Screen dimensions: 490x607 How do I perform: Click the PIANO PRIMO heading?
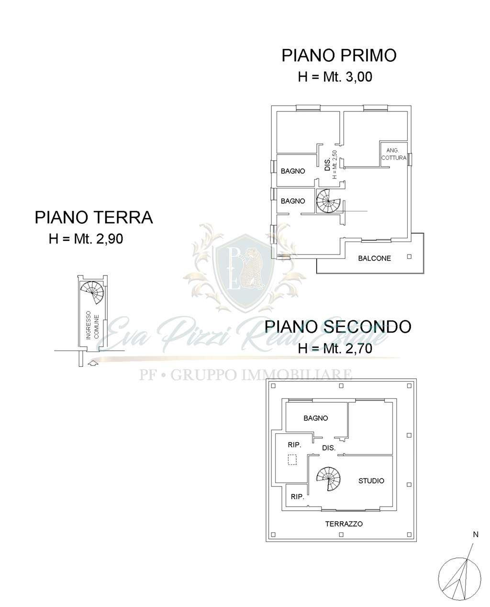tap(339, 55)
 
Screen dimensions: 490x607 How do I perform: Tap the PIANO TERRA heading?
tap(94, 218)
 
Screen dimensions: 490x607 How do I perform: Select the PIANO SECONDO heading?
tap(337, 326)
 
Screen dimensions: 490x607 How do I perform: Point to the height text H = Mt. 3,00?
tap(335, 77)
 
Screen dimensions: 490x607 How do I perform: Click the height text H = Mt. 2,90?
tap(86, 239)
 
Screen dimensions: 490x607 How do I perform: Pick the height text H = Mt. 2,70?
tap(335, 349)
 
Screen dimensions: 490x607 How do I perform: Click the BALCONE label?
tap(374, 258)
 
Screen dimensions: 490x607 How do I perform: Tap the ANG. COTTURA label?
tap(394, 155)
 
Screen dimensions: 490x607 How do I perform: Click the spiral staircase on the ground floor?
tap(92, 293)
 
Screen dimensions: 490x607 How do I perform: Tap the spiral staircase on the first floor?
tap(328, 200)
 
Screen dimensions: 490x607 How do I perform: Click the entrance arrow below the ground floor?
tap(93, 363)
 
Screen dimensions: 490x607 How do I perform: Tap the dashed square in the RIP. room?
tap(292, 460)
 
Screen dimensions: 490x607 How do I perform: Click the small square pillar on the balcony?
tap(409, 257)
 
